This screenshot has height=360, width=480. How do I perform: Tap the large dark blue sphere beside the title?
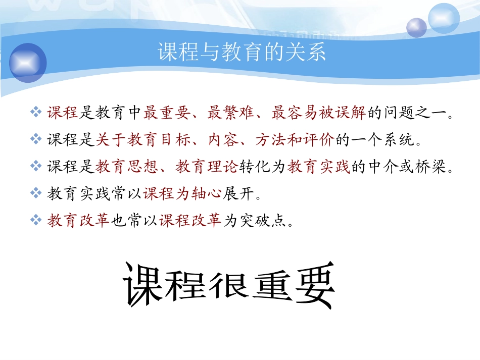point(28,63)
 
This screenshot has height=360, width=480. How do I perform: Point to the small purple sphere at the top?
point(417,27)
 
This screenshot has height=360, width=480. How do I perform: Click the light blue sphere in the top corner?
point(444,18)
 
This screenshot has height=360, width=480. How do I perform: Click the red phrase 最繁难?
point(223,113)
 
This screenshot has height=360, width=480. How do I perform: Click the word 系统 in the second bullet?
point(398,140)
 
